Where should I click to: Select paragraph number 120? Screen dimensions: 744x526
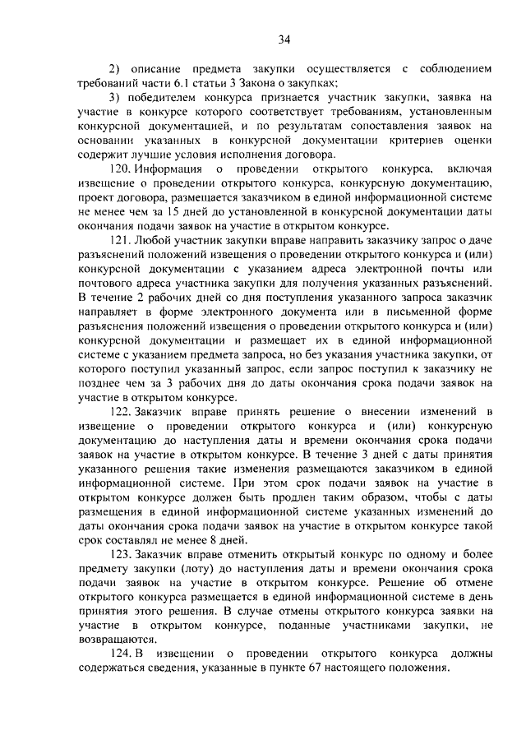[x=118, y=169]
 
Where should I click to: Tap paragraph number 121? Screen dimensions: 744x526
[x=118, y=242]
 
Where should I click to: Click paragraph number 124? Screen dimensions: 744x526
[x=118, y=654]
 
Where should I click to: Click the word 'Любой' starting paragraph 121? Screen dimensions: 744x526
[x=159, y=242]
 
